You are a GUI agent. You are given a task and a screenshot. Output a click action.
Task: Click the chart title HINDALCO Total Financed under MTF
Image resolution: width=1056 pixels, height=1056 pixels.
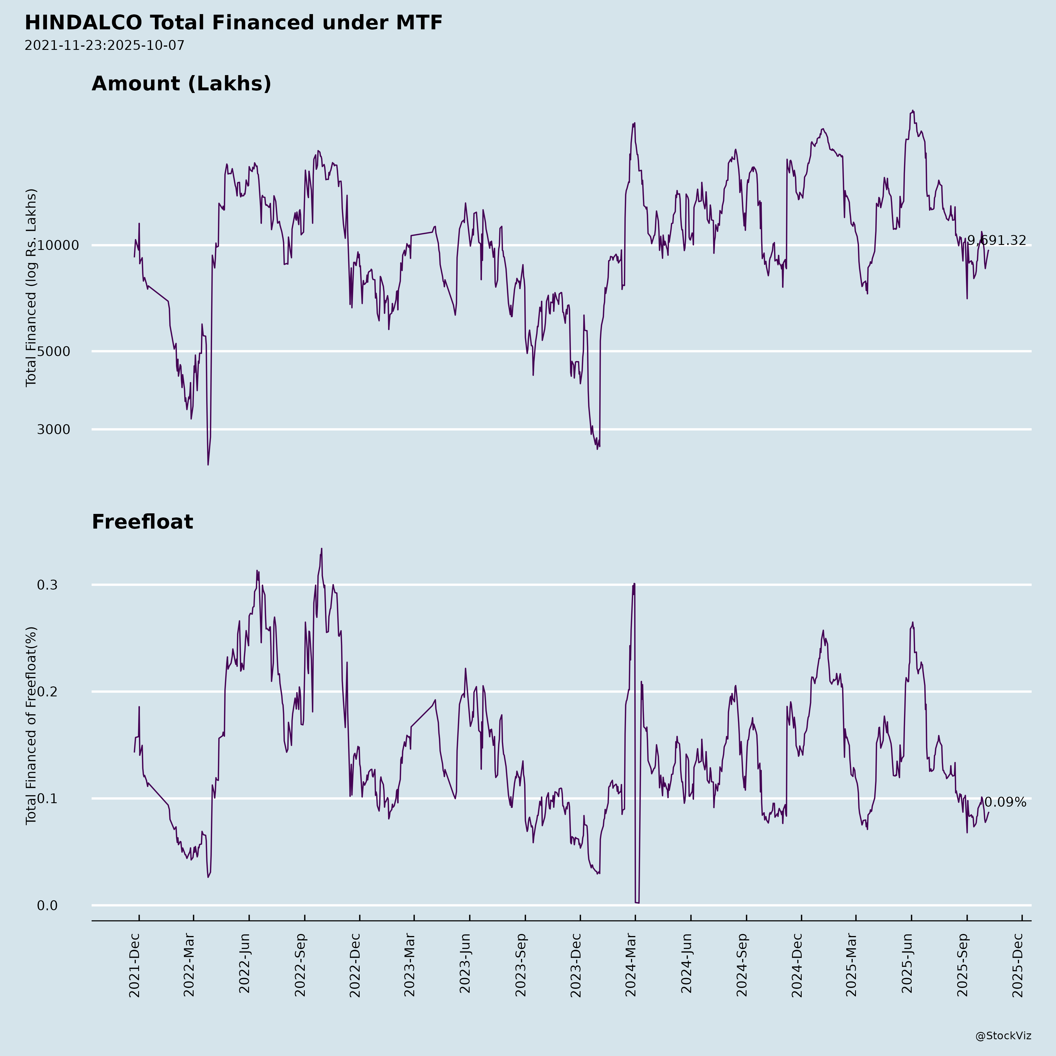point(233,23)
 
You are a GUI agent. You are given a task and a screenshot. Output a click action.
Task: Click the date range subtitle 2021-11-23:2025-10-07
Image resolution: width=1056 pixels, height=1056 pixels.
point(104,45)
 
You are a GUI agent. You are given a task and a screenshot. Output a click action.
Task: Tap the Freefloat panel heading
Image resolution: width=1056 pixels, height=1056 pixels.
point(142,522)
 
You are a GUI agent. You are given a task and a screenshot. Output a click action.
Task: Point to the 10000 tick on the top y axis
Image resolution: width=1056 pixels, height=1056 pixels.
point(58,246)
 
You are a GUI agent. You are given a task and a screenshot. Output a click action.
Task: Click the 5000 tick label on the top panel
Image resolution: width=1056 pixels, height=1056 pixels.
point(54,351)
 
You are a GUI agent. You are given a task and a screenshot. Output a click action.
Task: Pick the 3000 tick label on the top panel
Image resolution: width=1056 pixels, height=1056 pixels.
point(54,430)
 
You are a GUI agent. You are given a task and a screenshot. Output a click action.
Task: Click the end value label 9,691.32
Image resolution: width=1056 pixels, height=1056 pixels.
point(996,241)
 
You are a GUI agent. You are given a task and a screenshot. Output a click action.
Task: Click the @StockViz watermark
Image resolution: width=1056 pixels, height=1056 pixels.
point(1003,1036)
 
